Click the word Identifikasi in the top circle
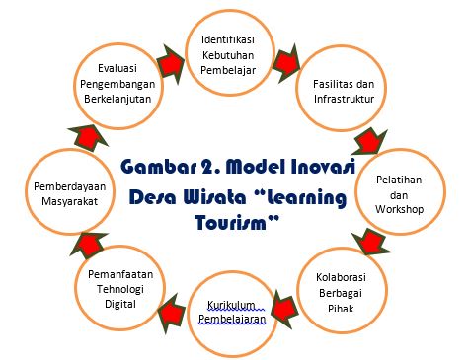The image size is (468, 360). (x=228, y=39)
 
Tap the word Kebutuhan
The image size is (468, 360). (x=228, y=55)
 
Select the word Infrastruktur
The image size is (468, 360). (x=344, y=99)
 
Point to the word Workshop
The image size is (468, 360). (x=399, y=209)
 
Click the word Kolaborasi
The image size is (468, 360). (x=341, y=277)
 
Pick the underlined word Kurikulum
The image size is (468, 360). (x=231, y=305)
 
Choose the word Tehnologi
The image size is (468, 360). (x=120, y=289)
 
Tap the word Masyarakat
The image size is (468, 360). (x=70, y=201)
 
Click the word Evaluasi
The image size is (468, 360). (x=117, y=68)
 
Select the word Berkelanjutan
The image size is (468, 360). (x=117, y=99)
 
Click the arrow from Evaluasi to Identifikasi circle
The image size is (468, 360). (x=171, y=64)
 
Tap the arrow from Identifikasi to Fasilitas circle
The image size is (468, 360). (x=286, y=63)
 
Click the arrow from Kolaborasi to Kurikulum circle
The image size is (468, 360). (x=284, y=309)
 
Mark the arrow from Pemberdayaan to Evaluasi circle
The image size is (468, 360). (x=88, y=137)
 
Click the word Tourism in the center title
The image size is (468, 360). (x=231, y=223)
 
